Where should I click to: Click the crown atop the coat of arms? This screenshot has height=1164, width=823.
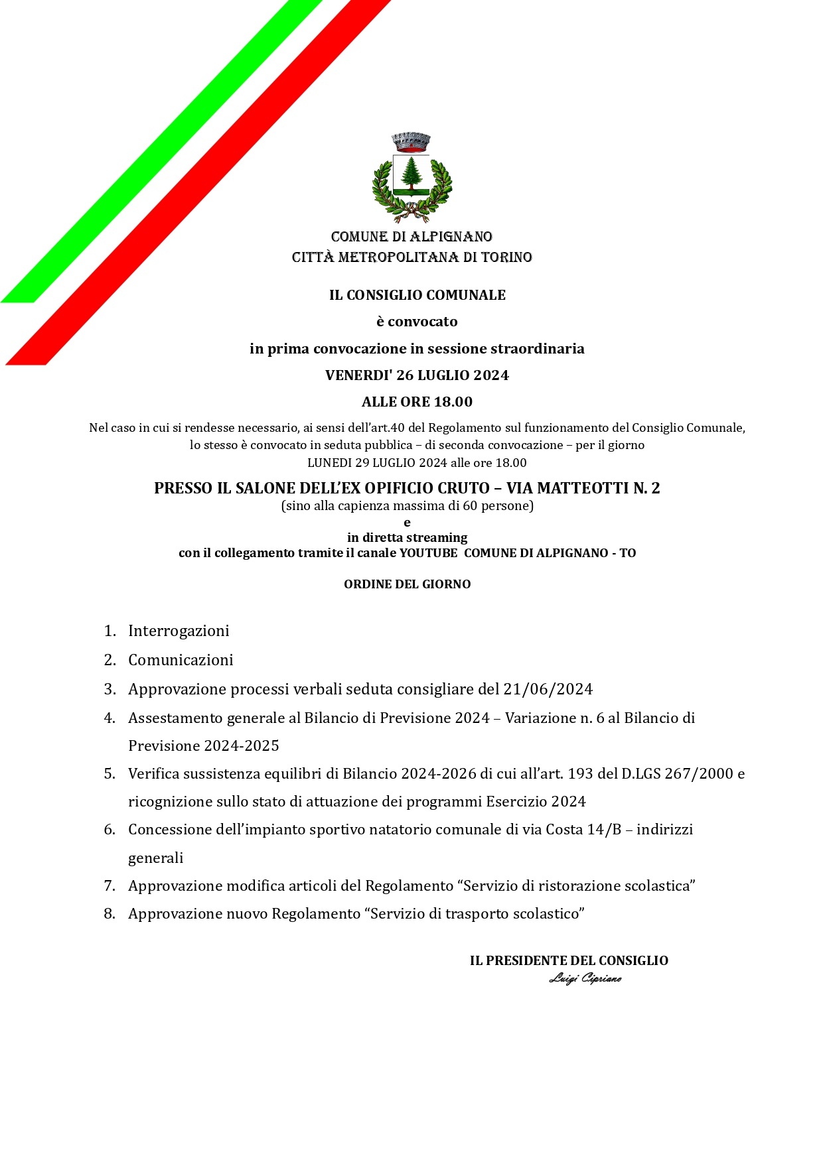coord(411,141)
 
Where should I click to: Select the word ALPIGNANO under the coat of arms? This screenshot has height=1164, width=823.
coord(451,237)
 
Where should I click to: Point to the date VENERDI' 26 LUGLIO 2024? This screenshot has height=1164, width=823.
coord(417,375)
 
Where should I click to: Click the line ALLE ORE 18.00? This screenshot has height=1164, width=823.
coord(417,402)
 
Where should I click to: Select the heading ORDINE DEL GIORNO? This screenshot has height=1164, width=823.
coord(407,584)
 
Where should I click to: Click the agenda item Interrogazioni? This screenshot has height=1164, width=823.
coord(179,631)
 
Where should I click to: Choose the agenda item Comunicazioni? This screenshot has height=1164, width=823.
coord(181,660)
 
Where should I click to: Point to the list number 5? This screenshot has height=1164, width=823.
coord(110,774)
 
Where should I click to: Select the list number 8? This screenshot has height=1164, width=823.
coord(110,914)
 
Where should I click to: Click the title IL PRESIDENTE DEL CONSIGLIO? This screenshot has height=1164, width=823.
coord(569,961)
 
